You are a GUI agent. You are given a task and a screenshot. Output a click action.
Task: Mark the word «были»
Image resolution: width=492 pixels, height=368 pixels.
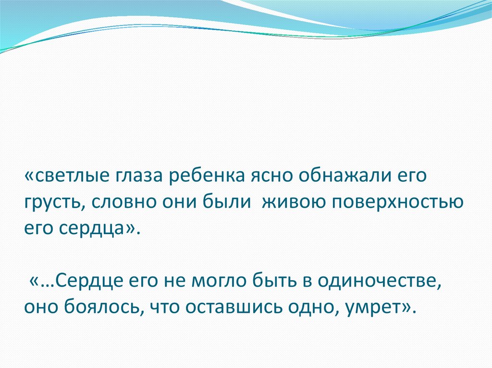click(229, 202)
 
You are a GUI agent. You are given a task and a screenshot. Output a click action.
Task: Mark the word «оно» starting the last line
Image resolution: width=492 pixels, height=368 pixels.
click(40, 306)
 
